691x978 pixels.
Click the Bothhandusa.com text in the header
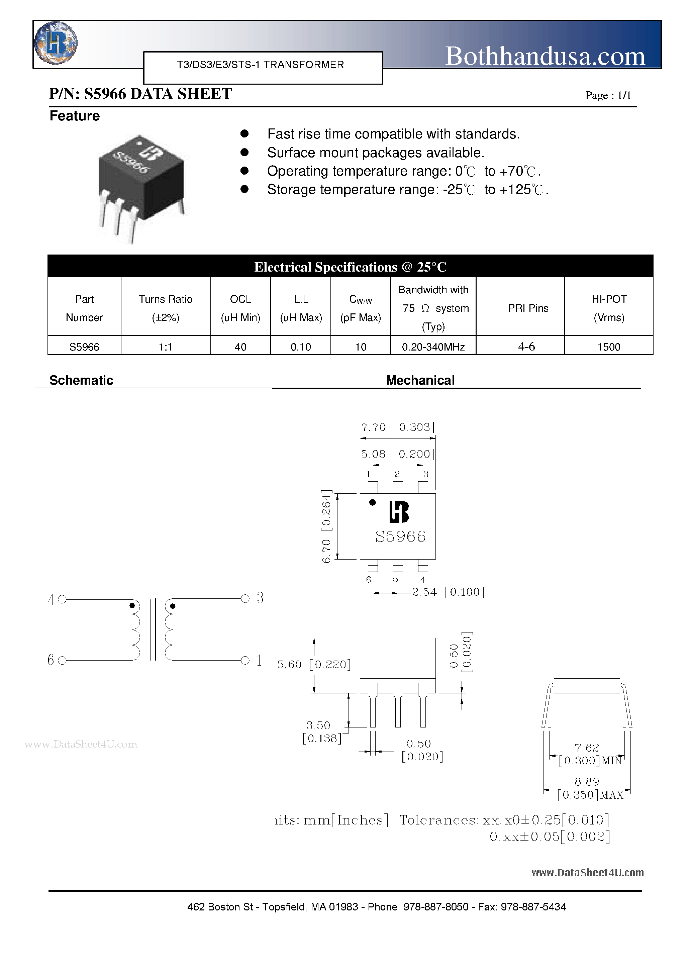pyautogui.click(x=545, y=56)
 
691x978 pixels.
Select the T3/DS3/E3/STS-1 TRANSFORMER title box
pyautogui.click(x=263, y=67)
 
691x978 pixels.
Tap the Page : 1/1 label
pyautogui.click(x=608, y=95)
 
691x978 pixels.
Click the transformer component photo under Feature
pyautogui.click(x=140, y=187)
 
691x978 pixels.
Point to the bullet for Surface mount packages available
pyautogui.click(x=244, y=152)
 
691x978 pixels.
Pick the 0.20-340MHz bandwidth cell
pyautogui.click(x=433, y=347)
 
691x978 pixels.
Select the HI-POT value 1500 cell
pyautogui.click(x=608, y=347)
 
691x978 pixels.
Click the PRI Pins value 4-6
pyautogui.click(x=526, y=346)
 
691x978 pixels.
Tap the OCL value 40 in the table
pyautogui.click(x=241, y=347)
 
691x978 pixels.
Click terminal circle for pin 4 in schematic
pyautogui.click(x=62, y=599)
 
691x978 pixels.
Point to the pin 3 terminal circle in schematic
pyautogui.click(x=245, y=598)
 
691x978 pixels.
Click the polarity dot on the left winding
pyautogui.click(x=132, y=605)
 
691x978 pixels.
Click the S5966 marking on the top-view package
pyautogui.click(x=400, y=536)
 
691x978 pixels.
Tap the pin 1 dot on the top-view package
pyautogui.click(x=372, y=503)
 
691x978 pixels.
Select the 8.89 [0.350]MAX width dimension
pyautogui.click(x=590, y=788)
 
